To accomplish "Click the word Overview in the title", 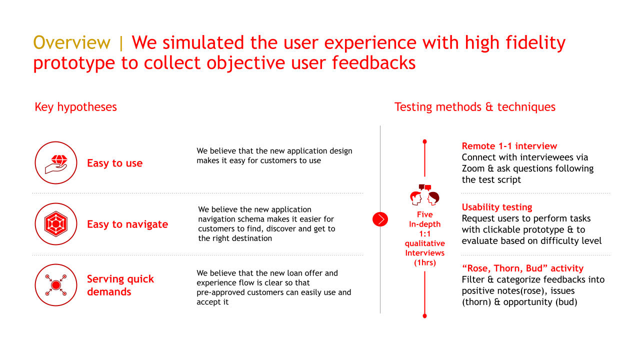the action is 72,42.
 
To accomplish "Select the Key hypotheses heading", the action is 75,107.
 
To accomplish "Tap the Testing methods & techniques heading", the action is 474,107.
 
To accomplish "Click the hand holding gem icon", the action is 56,163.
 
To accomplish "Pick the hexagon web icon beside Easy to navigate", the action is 56,224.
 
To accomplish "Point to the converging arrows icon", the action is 56,285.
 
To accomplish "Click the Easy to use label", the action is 114,163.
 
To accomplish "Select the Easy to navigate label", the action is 127,224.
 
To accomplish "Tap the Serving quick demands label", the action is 120,285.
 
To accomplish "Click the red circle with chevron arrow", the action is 380,219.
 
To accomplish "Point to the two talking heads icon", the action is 424,195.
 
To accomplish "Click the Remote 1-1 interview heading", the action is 509,146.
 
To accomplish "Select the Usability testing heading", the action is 496,207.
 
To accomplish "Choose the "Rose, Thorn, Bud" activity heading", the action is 522,268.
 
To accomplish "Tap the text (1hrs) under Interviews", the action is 424,262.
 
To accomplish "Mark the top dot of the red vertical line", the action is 424,141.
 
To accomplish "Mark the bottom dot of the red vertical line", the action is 424,315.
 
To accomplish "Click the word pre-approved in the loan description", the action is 220,292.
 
